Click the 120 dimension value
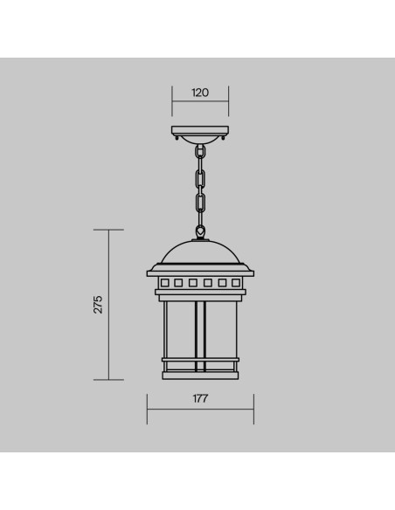200,93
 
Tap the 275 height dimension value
98,305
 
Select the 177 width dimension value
200,398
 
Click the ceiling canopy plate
200,131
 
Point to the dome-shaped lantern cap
200,252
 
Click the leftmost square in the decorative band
164,283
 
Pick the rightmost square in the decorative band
236,283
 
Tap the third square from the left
193,283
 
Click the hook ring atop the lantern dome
200,231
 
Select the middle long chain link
200,178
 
